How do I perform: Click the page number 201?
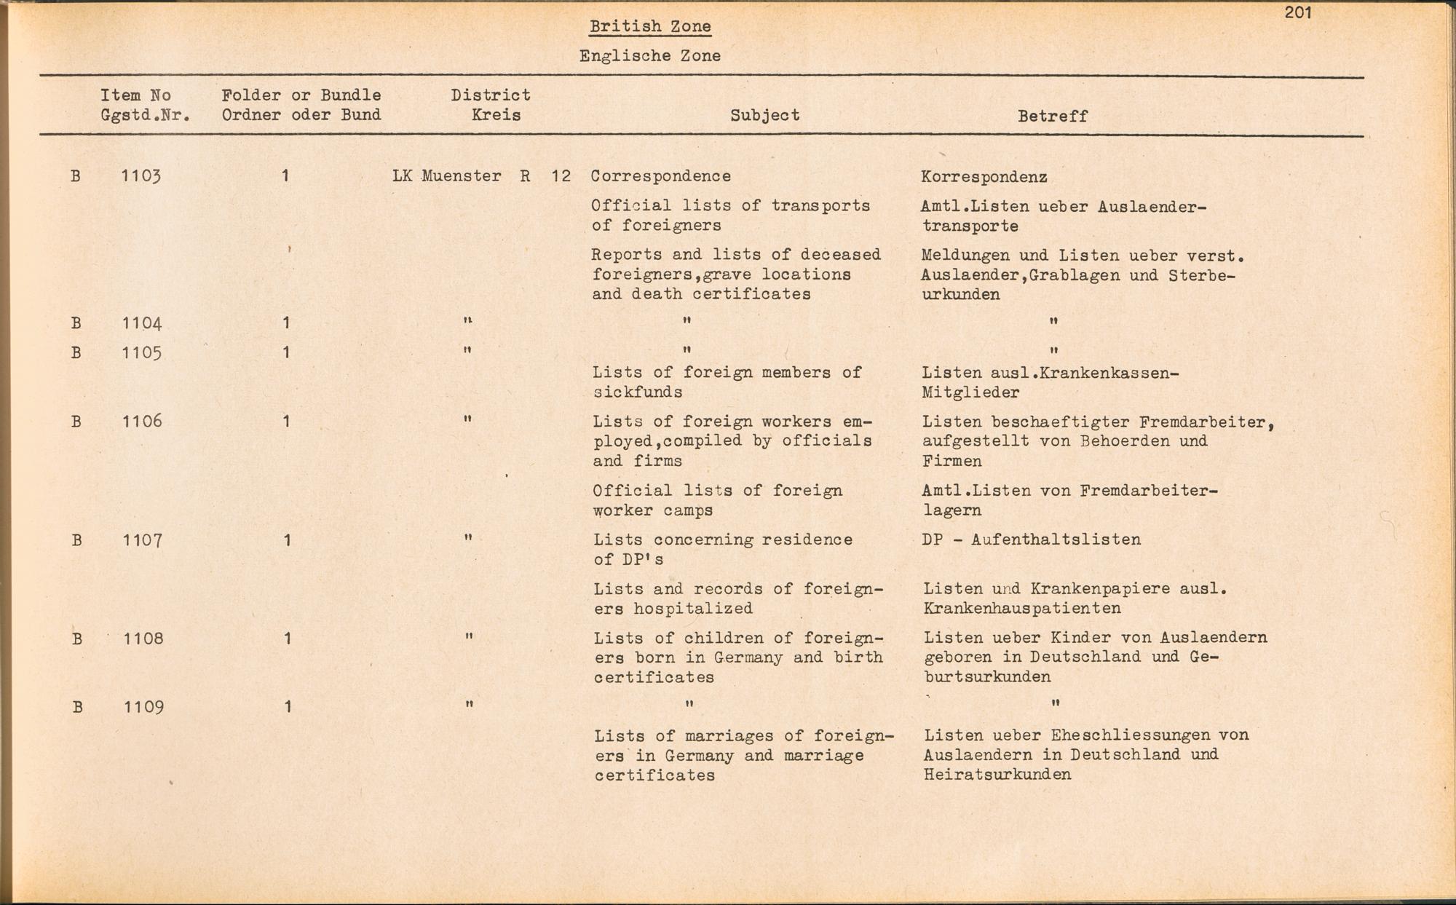pyautogui.click(x=1298, y=12)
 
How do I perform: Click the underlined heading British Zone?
pyautogui.click(x=650, y=27)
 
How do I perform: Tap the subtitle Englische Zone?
pyautogui.click(x=650, y=56)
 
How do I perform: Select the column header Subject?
pyautogui.click(x=764, y=115)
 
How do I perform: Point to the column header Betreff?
pyautogui.click(x=1052, y=116)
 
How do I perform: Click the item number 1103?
pyautogui.click(x=141, y=176)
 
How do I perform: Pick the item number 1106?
pyautogui.click(x=142, y=421)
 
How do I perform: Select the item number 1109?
pyautogui.click(x=143, y=707)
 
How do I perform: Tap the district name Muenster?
pyautogui.click(x=462, y=176)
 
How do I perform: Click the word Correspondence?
pyautogui.click(x=660, y=176)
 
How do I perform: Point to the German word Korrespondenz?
pyautogui.click(x=984, y=177)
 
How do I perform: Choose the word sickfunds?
pyautogui.click(x=637, y=392)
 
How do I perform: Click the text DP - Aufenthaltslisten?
pyautogui.click(x=1031, y=540)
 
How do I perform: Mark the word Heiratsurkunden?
pyautogui.click(x=997, y=775)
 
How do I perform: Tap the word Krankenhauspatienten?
pyautogui.click(x=1022, y=609)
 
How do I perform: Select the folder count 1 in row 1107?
pyautogui.click(x=288, y=540)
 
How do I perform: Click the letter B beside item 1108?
pyautogui.click(x=76, y=639)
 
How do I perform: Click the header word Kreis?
pyautogui.click(x=496, y=115)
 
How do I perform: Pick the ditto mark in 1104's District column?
pyautogui.click(x=467, y=321)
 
